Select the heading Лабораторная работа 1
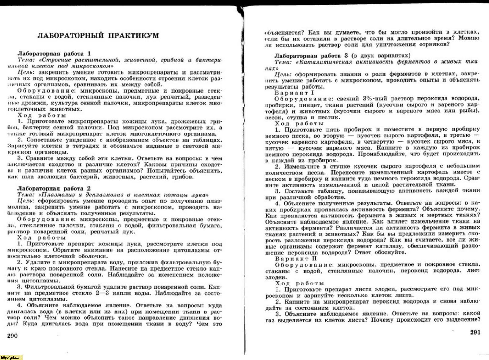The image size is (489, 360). click(54, 53)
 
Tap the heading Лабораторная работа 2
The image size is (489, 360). click(54, 188)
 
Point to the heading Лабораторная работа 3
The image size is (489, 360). click(311, 56)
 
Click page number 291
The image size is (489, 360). click(475, 332)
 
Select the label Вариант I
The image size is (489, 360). click(295, 93)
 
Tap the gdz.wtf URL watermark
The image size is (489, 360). click(11, 358)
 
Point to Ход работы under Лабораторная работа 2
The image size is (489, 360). click(42, 238)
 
